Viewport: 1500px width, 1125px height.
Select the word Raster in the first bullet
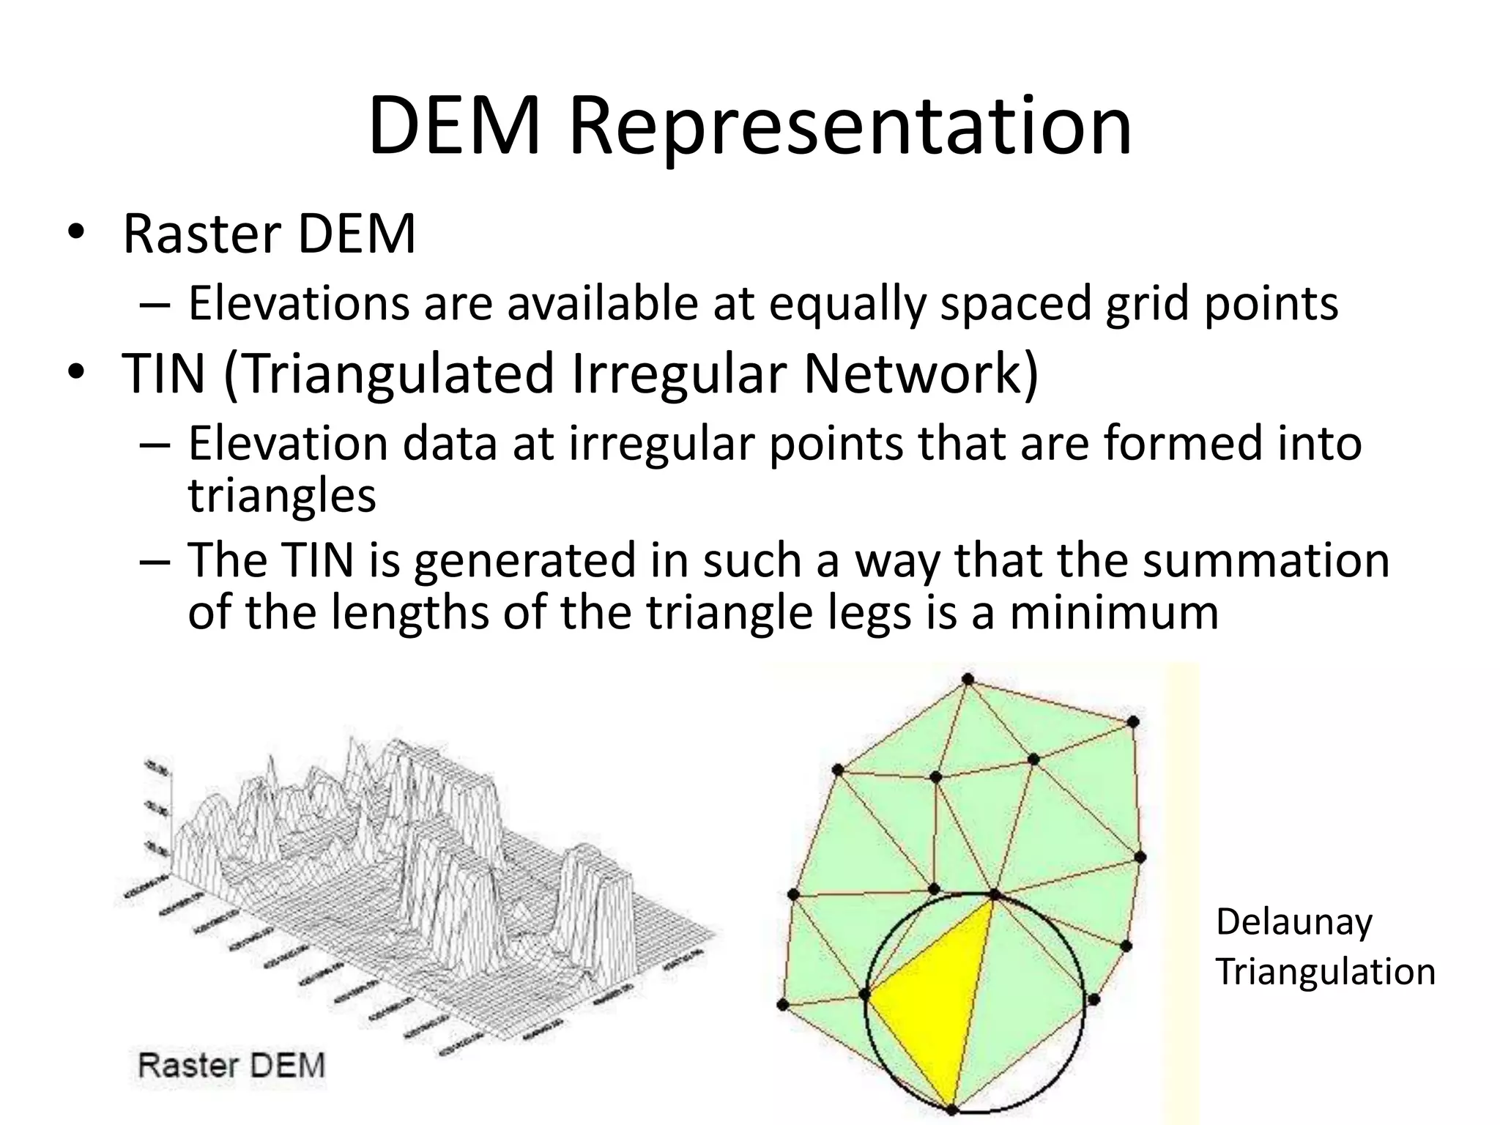coord(201,235)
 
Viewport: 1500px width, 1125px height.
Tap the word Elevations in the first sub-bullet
coord(298,303)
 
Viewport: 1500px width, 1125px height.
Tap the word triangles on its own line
coord(282,496)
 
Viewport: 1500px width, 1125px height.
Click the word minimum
coord(1114,612)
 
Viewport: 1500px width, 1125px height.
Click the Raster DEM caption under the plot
coord(231,1065)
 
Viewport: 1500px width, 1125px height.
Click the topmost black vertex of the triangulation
coord(968,680)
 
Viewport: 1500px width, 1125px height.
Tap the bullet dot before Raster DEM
coord(75,234)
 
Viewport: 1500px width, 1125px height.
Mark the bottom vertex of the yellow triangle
coord(951,1110)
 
